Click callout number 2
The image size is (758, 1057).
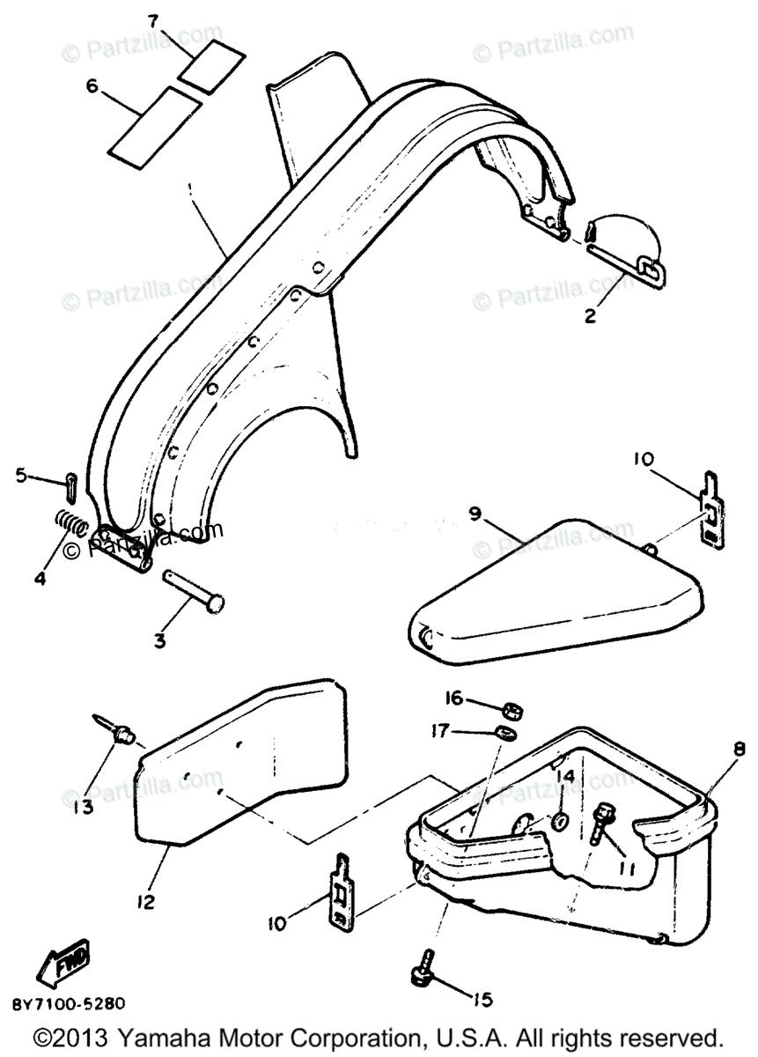coord(591,315)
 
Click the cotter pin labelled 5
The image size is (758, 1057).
coord(70,484)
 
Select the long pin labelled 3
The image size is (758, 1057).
coord(194,595)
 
